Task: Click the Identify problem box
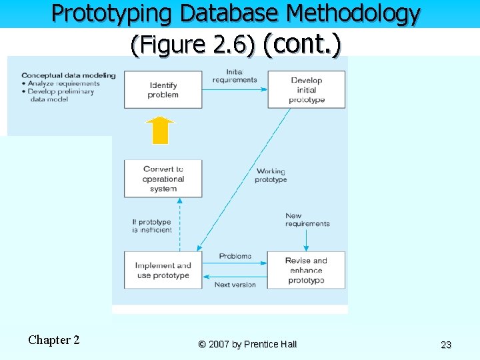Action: (163, 90)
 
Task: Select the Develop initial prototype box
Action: (307, 90)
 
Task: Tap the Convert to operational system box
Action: (163, 179)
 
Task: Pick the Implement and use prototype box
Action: (163, 270)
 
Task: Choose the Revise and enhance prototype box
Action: (307, 270)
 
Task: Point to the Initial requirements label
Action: (235, 76)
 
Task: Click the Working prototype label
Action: (271, 175)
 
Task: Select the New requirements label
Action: (307, 219)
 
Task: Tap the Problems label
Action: (235, 256)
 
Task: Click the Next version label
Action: (235, 285)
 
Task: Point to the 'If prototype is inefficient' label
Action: (152, 226)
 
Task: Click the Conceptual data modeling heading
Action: (68, 75)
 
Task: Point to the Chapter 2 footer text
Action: (54, 340)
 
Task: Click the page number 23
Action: (446, 345)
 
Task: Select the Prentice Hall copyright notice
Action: (247, 345)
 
